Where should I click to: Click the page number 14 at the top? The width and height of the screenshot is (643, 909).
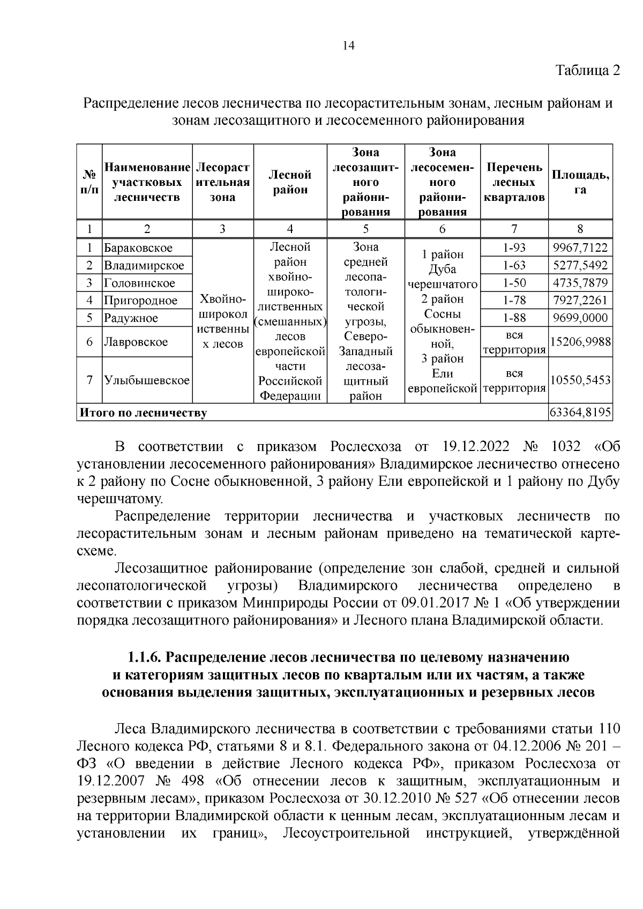point(348,46)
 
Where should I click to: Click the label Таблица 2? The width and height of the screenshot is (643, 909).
point(587,71)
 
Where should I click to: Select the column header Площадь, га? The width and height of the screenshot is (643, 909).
point(580,182)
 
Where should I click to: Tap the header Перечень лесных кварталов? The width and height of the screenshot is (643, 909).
point(514,182)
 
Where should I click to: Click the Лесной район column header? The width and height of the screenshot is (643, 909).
point(290,182)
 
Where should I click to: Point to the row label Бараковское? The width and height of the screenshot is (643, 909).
point(138,248)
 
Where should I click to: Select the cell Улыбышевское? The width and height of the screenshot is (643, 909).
point(147,381)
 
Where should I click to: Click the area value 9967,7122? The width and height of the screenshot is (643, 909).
point(580,247)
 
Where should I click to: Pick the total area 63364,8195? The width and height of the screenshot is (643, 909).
point(580,413)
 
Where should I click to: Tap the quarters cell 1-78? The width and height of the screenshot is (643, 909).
point(514,300)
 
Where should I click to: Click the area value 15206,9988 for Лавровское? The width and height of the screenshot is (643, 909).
point(580,342)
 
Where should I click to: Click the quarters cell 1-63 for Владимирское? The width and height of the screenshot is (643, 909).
point(514,265)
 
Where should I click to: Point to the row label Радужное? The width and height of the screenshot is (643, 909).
point(131,318)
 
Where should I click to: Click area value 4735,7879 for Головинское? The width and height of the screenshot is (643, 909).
point(580,283)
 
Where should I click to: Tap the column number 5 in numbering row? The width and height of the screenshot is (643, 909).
point(365,229)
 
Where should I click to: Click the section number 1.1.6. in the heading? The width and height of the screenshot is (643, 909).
point(145,657)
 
